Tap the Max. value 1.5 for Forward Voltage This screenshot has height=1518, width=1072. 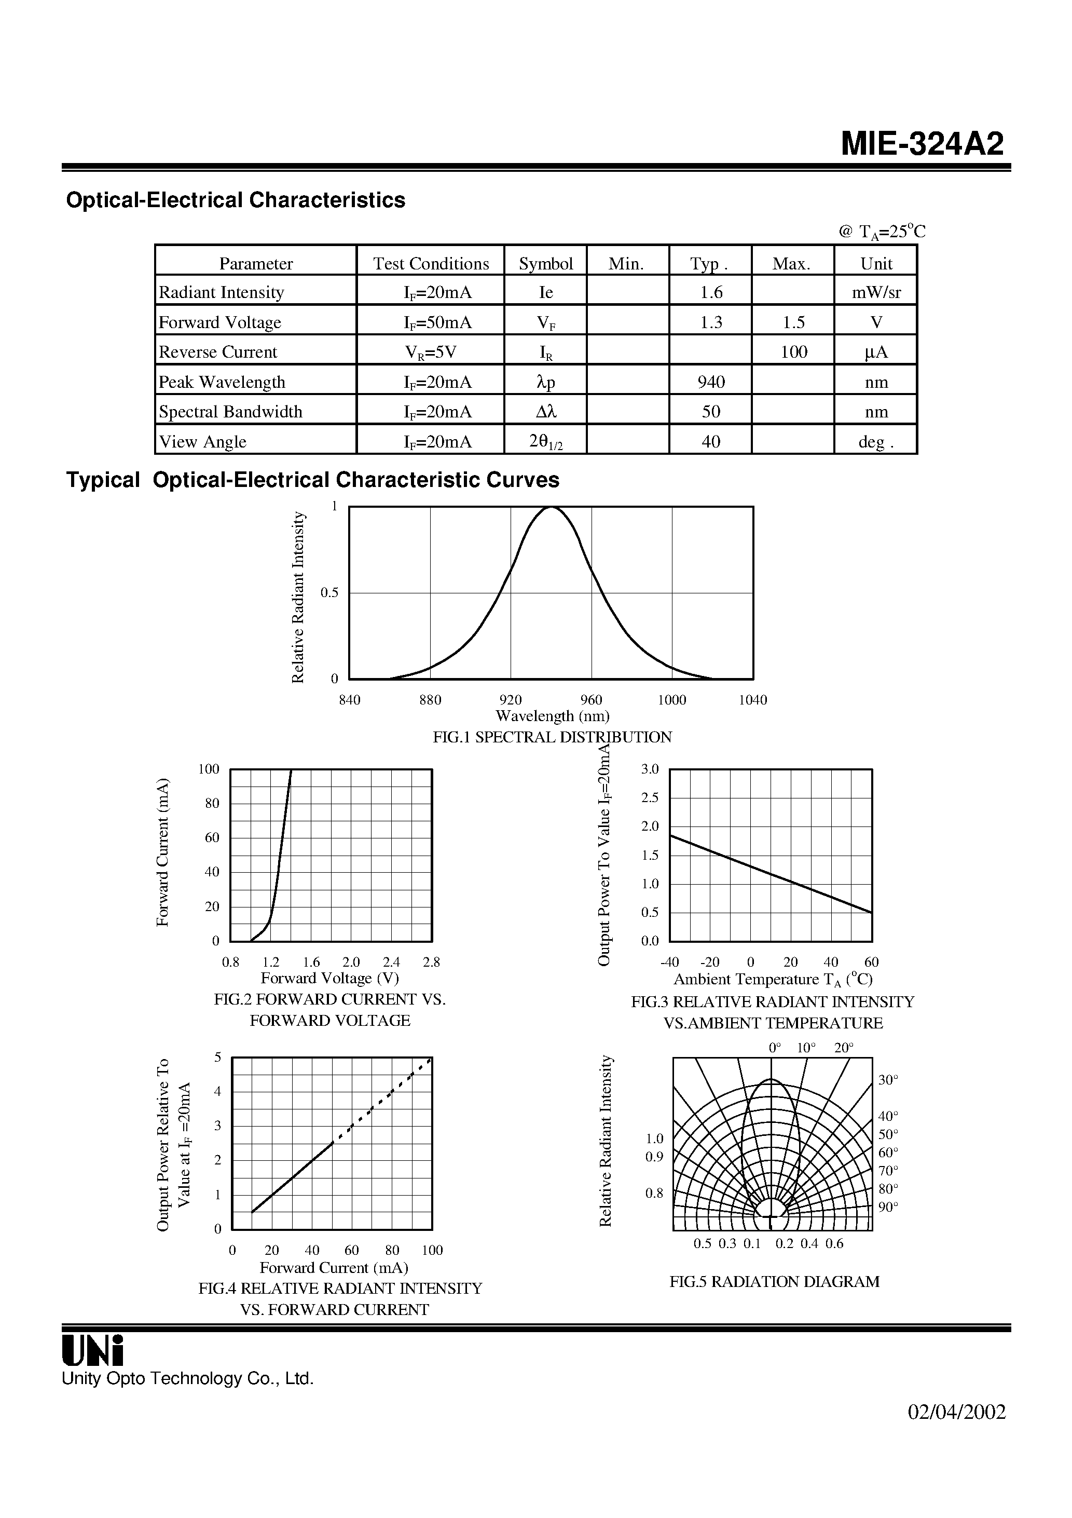coord(793,322)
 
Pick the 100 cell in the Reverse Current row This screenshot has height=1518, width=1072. coord(793,352)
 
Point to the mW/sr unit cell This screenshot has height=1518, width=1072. coord(876,292)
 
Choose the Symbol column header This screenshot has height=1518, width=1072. coord(545,264)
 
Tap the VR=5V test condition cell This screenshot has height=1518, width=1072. coord(430,352)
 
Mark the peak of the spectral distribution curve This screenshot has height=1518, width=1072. coord(551,508)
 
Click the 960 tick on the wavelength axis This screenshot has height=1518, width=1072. coord(591,699)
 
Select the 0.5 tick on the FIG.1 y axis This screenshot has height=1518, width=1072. coord(329,592)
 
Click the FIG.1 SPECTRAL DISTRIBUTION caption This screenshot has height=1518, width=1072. coord(552,737)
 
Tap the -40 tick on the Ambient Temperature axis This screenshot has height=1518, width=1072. coord(669,962)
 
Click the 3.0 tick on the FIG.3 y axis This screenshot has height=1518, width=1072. coord(650,769)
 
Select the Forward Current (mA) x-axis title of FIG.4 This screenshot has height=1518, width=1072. coord(333,1267)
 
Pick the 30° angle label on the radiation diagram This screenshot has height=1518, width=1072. coord(888,1080)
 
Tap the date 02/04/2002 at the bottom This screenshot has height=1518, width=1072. coord(956,1431)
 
